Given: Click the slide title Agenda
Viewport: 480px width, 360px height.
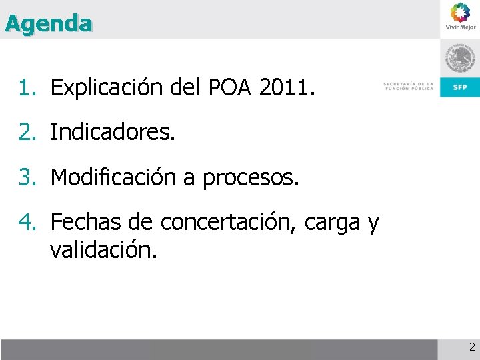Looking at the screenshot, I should point(48,24).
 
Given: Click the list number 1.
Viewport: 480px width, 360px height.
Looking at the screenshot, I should point(27,87).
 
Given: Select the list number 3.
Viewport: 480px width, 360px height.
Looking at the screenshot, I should point(27,177).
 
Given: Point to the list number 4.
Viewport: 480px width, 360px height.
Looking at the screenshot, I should point(27,223).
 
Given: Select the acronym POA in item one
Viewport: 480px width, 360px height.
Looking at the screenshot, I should point(229,87).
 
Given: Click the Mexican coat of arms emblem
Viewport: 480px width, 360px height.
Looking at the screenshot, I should point(460,60).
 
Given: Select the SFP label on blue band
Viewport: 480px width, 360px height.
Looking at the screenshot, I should point(460,87).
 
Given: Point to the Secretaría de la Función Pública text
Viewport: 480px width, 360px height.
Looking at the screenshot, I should point(408,86).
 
